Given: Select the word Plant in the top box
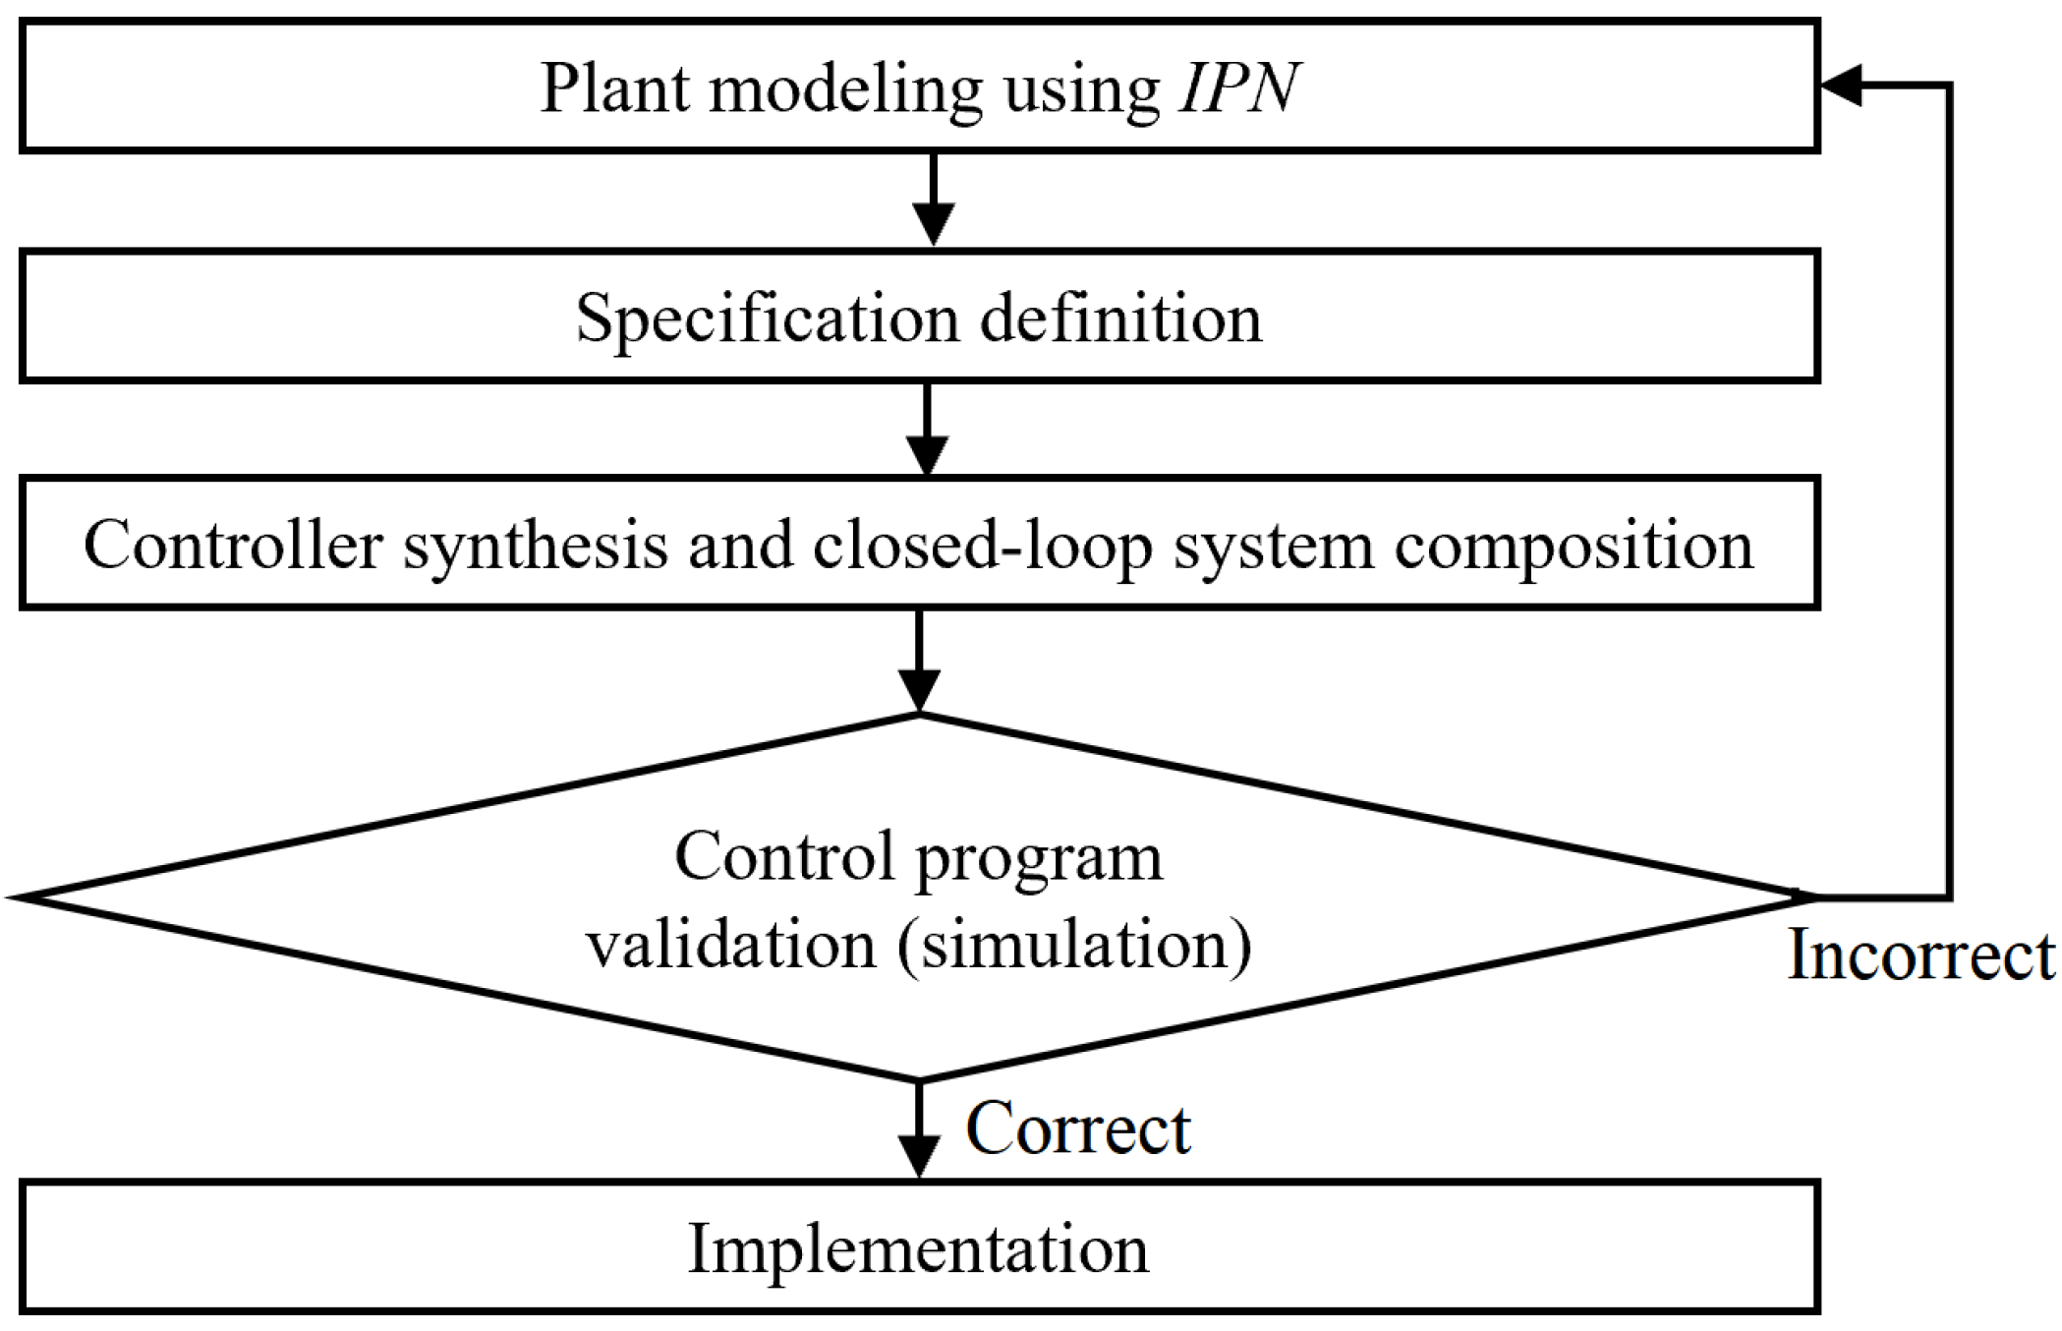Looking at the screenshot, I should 615,88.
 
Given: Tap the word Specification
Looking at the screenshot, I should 768,318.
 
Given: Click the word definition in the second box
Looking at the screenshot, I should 1120,318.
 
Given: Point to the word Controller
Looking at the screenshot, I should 233,546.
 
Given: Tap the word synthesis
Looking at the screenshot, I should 536,546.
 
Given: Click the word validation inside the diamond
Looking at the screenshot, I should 731,945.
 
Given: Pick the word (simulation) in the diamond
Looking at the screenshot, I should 1074,945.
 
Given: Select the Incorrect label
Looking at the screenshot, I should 1919,955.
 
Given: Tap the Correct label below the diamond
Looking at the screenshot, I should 1077,1128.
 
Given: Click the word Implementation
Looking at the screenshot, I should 918,1249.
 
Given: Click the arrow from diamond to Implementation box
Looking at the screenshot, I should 919,1130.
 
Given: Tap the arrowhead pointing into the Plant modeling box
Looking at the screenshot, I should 1840,86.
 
